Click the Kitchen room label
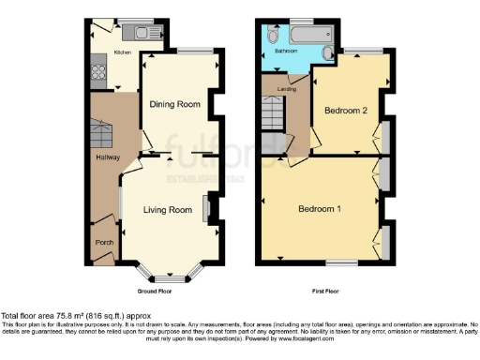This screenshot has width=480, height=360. click(x=123, y=53)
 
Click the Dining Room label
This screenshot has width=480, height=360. click(x=175, y=104)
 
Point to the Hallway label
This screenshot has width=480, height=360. click(x=107, y=157)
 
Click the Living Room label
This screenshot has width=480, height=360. click(x=167, y=209)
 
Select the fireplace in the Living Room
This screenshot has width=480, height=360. click(x=204, y=208)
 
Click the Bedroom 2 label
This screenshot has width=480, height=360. click(x=344, y=111)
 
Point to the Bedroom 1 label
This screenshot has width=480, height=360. click(x=319, y=208)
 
